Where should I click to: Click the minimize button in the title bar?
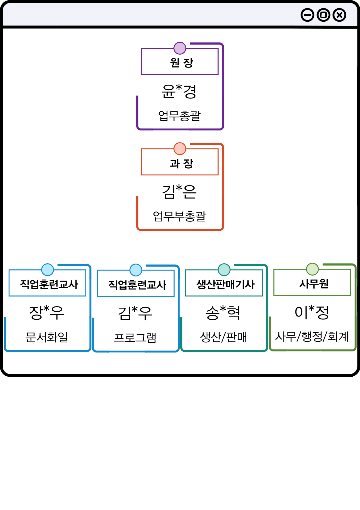[307, 15]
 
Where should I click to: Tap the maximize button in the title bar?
[323, 15]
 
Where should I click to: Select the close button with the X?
[339, 15]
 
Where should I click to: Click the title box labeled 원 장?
[180, 62]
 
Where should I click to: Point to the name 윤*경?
[179, 91]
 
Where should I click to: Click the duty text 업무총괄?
[179, 116]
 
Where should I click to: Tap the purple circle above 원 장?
[180, 48]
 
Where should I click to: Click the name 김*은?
[179, 191]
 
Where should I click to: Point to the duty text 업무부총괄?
[179, 216]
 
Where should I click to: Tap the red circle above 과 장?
[180, 149]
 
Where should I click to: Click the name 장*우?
[47, 312]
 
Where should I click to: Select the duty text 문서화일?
[47, 337]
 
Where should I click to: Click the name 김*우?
[135, 313]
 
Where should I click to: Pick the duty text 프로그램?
[135, 338]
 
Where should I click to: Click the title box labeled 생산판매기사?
[224, 284]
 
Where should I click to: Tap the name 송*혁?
[223, 312]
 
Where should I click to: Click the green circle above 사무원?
[312, 269]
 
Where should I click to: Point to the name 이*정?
[312, 312]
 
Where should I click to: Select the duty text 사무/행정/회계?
[312, 337]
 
